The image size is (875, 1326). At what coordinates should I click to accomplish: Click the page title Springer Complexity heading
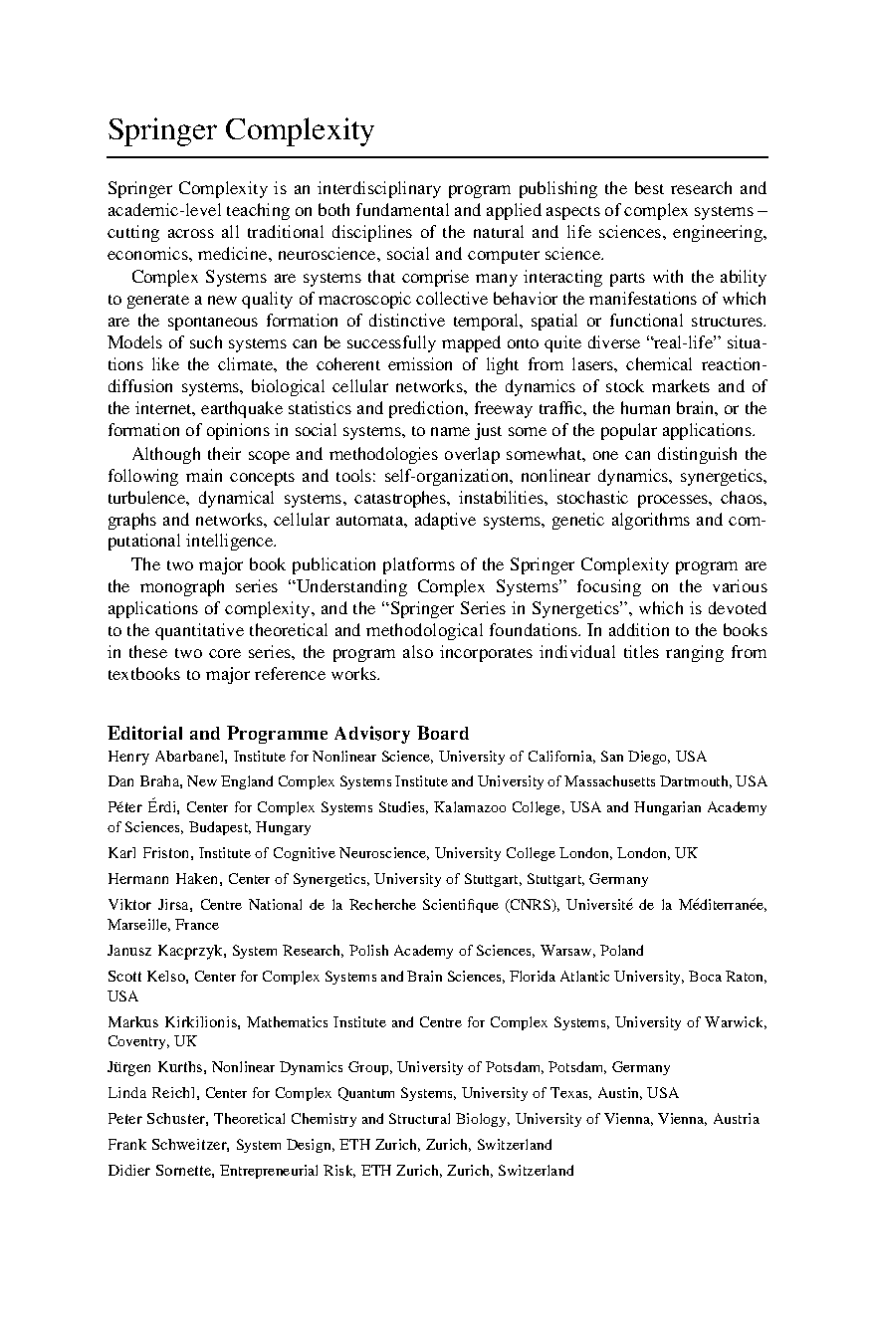pyautogui.click(x=241, y=130)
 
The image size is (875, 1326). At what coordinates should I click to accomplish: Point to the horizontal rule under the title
pyautogui.click(x=438, y=157)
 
